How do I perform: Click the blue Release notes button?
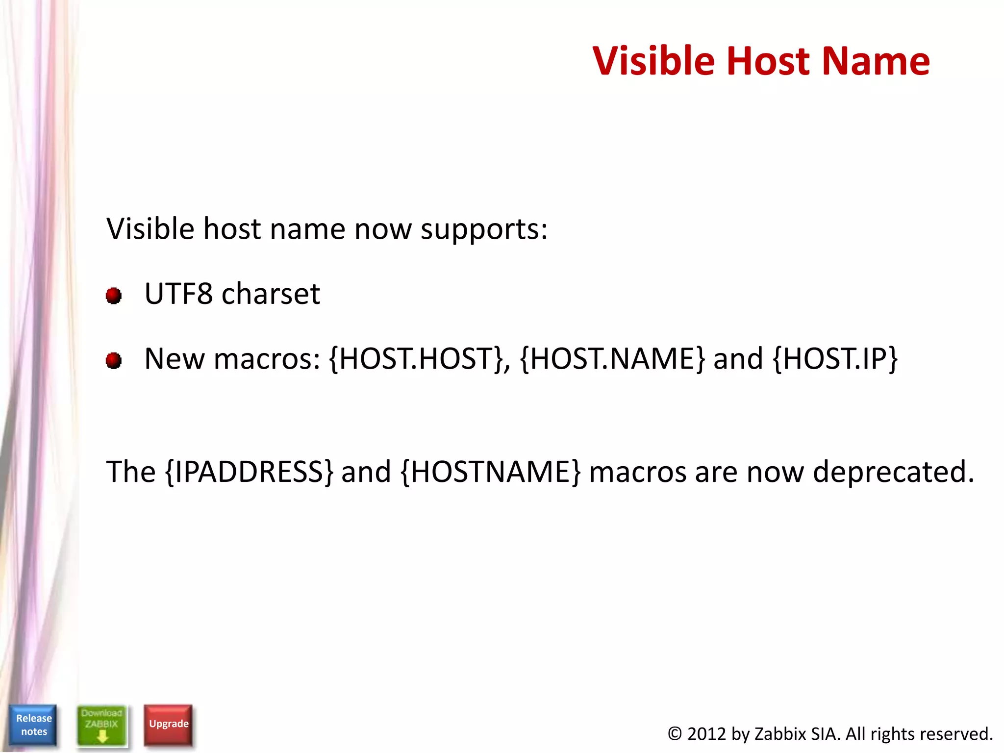[x=33, y=725]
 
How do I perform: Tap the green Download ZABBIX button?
[x=102, y=726]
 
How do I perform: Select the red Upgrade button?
[x=168, y=724]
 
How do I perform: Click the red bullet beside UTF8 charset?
[x=114, y=296]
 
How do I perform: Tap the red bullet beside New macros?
[x=114, y=361]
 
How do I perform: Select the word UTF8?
[x=178, y=294]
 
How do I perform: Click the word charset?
[x=271, y=294]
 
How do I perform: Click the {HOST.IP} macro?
[x=835, y=359]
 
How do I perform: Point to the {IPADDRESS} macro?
[x=250, y=472]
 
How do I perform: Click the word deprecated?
[x=893, y=472]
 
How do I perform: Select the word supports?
[x=484, y=229]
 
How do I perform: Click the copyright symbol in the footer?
[x=675, y=734]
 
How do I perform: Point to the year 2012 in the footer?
[x=706, y=734]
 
